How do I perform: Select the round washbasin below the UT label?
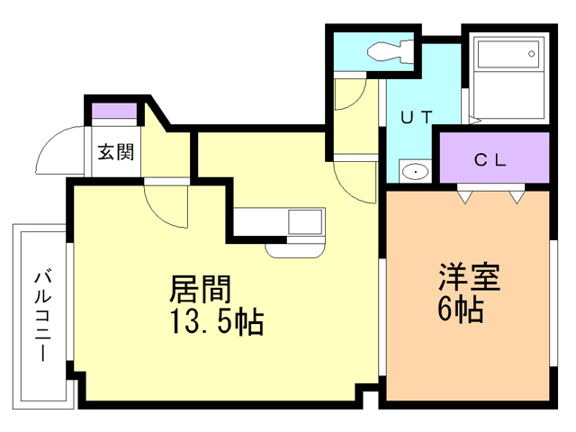point(414,171)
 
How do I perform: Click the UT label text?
point(417,116)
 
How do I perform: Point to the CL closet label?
point(492,160)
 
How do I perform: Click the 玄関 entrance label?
point(115,152)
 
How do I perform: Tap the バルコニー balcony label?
point(41,315)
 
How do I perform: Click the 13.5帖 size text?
point(215,321)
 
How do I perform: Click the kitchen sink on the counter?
point(304,221)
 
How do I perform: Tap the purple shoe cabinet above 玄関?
point(114,112)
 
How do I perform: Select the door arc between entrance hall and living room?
point(166,205)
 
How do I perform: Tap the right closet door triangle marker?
point(517,195)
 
